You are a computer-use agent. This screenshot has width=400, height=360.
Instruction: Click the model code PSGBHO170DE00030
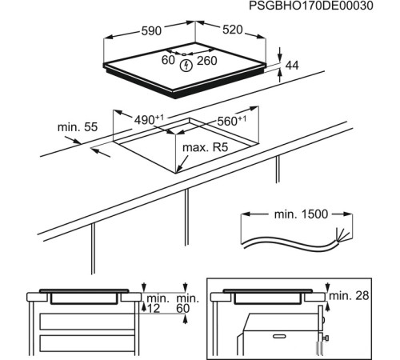click(322, 6)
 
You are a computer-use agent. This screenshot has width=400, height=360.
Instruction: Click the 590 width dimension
click(152, 30)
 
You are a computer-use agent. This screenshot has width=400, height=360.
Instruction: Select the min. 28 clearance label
click(350, 297)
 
